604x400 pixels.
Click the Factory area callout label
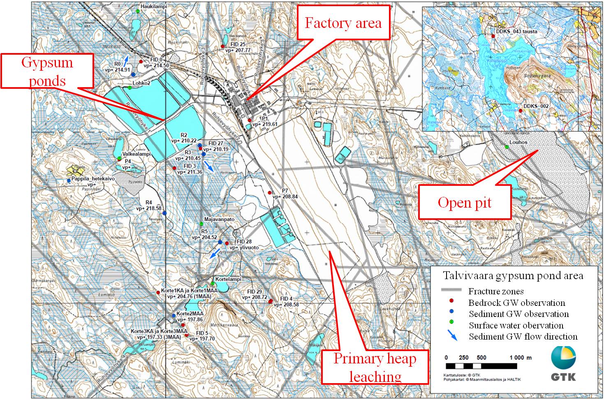tap(343, 23)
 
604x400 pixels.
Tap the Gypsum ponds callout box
tap(47, 71)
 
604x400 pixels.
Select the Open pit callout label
tap(465, 202)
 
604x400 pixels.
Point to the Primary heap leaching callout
tap(375, 368)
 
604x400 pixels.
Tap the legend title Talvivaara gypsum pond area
tap(513, 275)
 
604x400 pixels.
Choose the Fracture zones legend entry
tap(496, 291)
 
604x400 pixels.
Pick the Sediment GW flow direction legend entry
tap(523, 337)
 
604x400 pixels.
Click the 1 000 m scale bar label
tap(520, 357)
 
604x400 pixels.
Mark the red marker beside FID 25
tap(223, 46)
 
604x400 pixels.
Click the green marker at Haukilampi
tap(138, 11)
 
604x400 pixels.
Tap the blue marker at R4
tap(164, 213)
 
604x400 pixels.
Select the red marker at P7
tap(270, 192)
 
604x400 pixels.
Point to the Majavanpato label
tap(219, 220)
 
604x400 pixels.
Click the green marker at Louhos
tap(507, 147)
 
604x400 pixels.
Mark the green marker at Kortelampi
tap(213, 284)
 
